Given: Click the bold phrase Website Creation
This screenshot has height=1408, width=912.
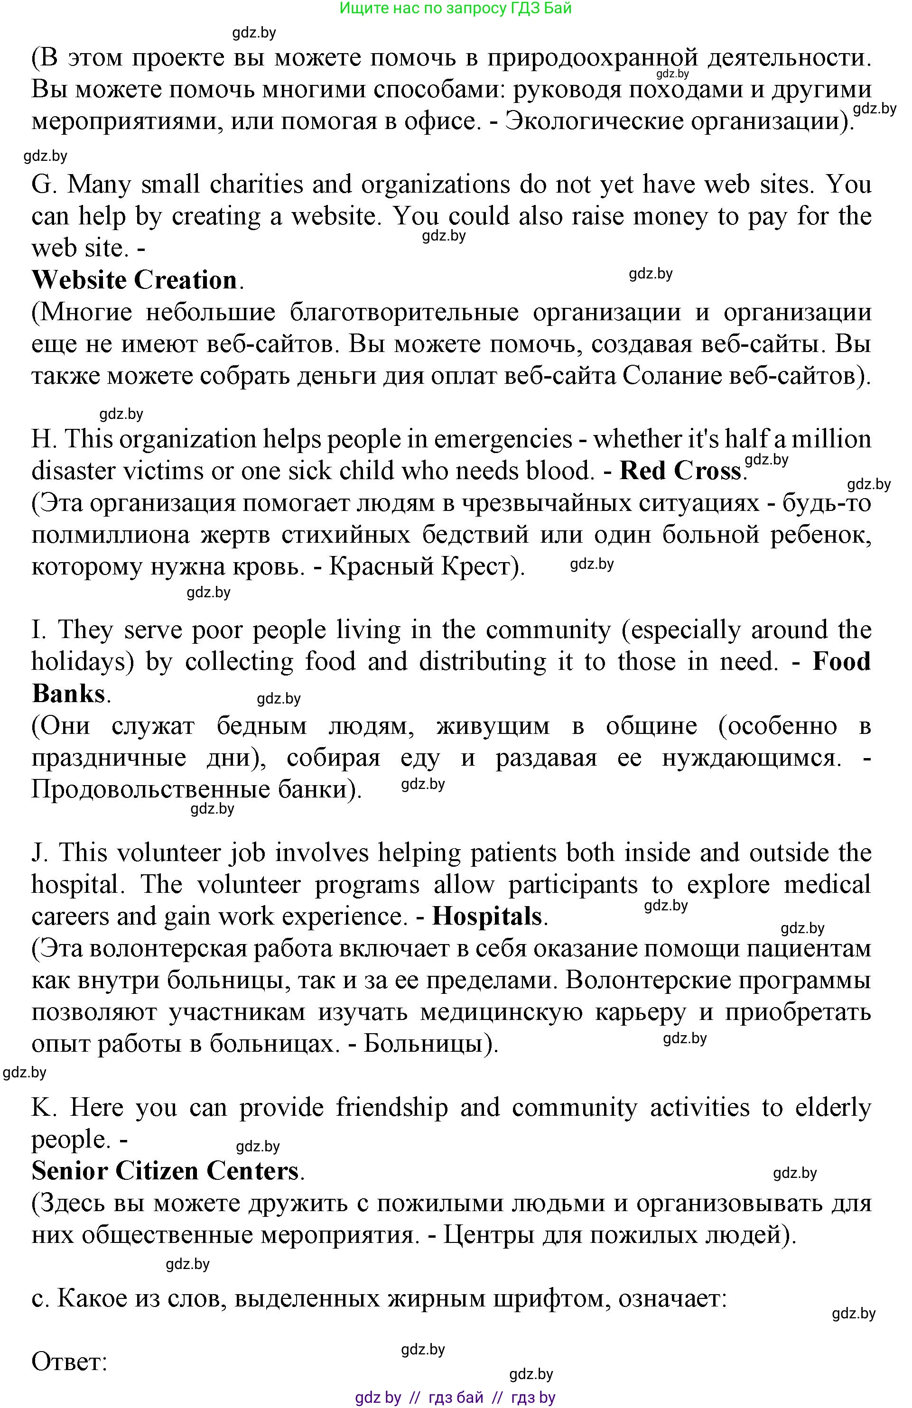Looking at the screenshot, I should pos(134,280).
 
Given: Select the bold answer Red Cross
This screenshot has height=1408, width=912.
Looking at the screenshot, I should pos(680,471).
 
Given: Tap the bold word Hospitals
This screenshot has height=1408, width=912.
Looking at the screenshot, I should pos(487,917).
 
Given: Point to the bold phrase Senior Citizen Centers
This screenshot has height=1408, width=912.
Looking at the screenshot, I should pos(165,1171).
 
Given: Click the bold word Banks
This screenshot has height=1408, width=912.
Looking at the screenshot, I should pos(68,694).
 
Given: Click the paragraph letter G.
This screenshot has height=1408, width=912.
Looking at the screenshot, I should pos(43,185).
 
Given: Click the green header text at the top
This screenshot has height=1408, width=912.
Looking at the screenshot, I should pos(456,8).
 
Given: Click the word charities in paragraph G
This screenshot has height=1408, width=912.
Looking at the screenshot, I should pos(256,185).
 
